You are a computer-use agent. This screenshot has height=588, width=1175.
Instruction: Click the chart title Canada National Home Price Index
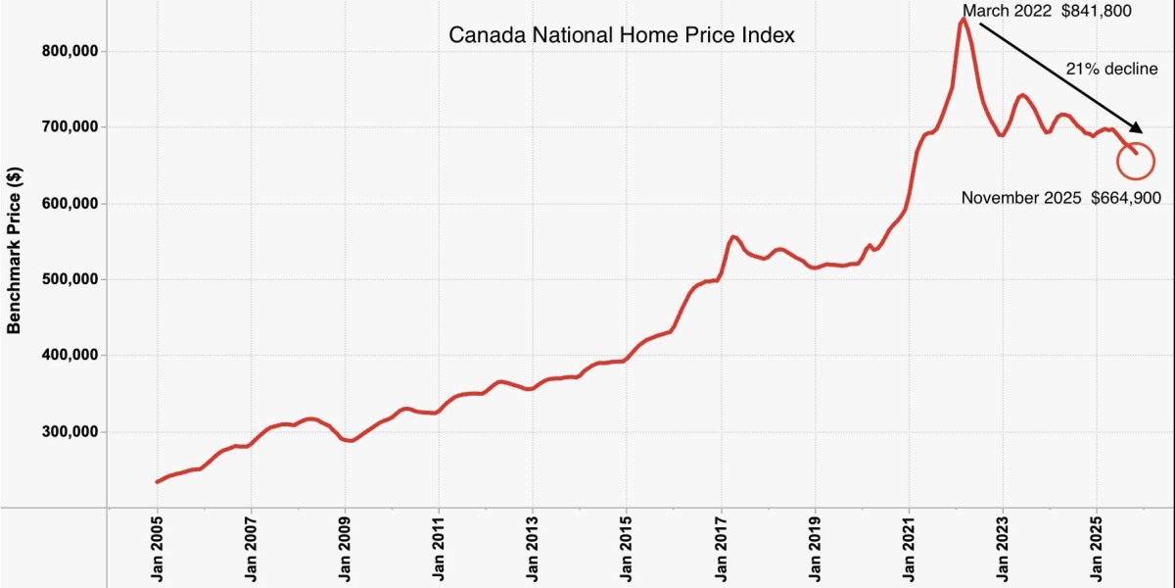(x=622, y=35)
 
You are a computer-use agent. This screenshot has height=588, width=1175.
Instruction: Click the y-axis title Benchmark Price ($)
(x=15, y=250)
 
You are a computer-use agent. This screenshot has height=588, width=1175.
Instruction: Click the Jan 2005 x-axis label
(x=158, y=548)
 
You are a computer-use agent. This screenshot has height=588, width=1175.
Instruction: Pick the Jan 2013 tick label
(x=533, y=548)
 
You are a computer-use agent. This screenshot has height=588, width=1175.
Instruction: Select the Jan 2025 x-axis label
(x=1097, y=548)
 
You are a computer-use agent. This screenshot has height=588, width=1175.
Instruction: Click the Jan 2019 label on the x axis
(x=815, y=548)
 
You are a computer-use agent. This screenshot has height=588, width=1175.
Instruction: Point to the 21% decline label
(x=1111, y=69)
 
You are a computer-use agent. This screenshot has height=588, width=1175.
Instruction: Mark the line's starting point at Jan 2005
(x=158, y=481)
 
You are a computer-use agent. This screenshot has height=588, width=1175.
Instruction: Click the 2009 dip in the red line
(x=351, y=441)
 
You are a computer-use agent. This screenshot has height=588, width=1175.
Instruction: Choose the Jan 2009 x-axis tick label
(x=346, y=548)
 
